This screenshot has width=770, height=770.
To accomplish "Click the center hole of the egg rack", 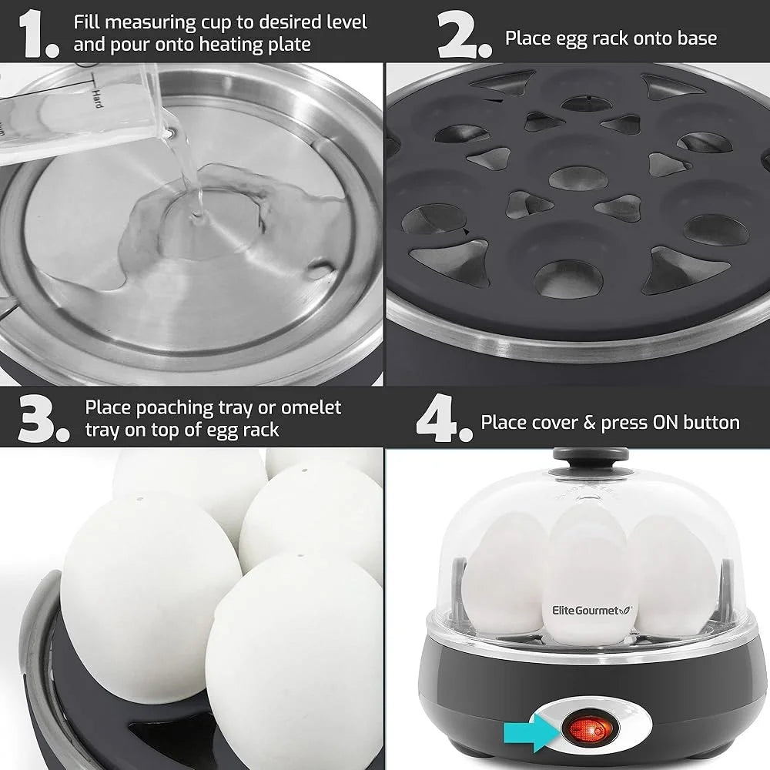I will [x=574, y=176].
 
